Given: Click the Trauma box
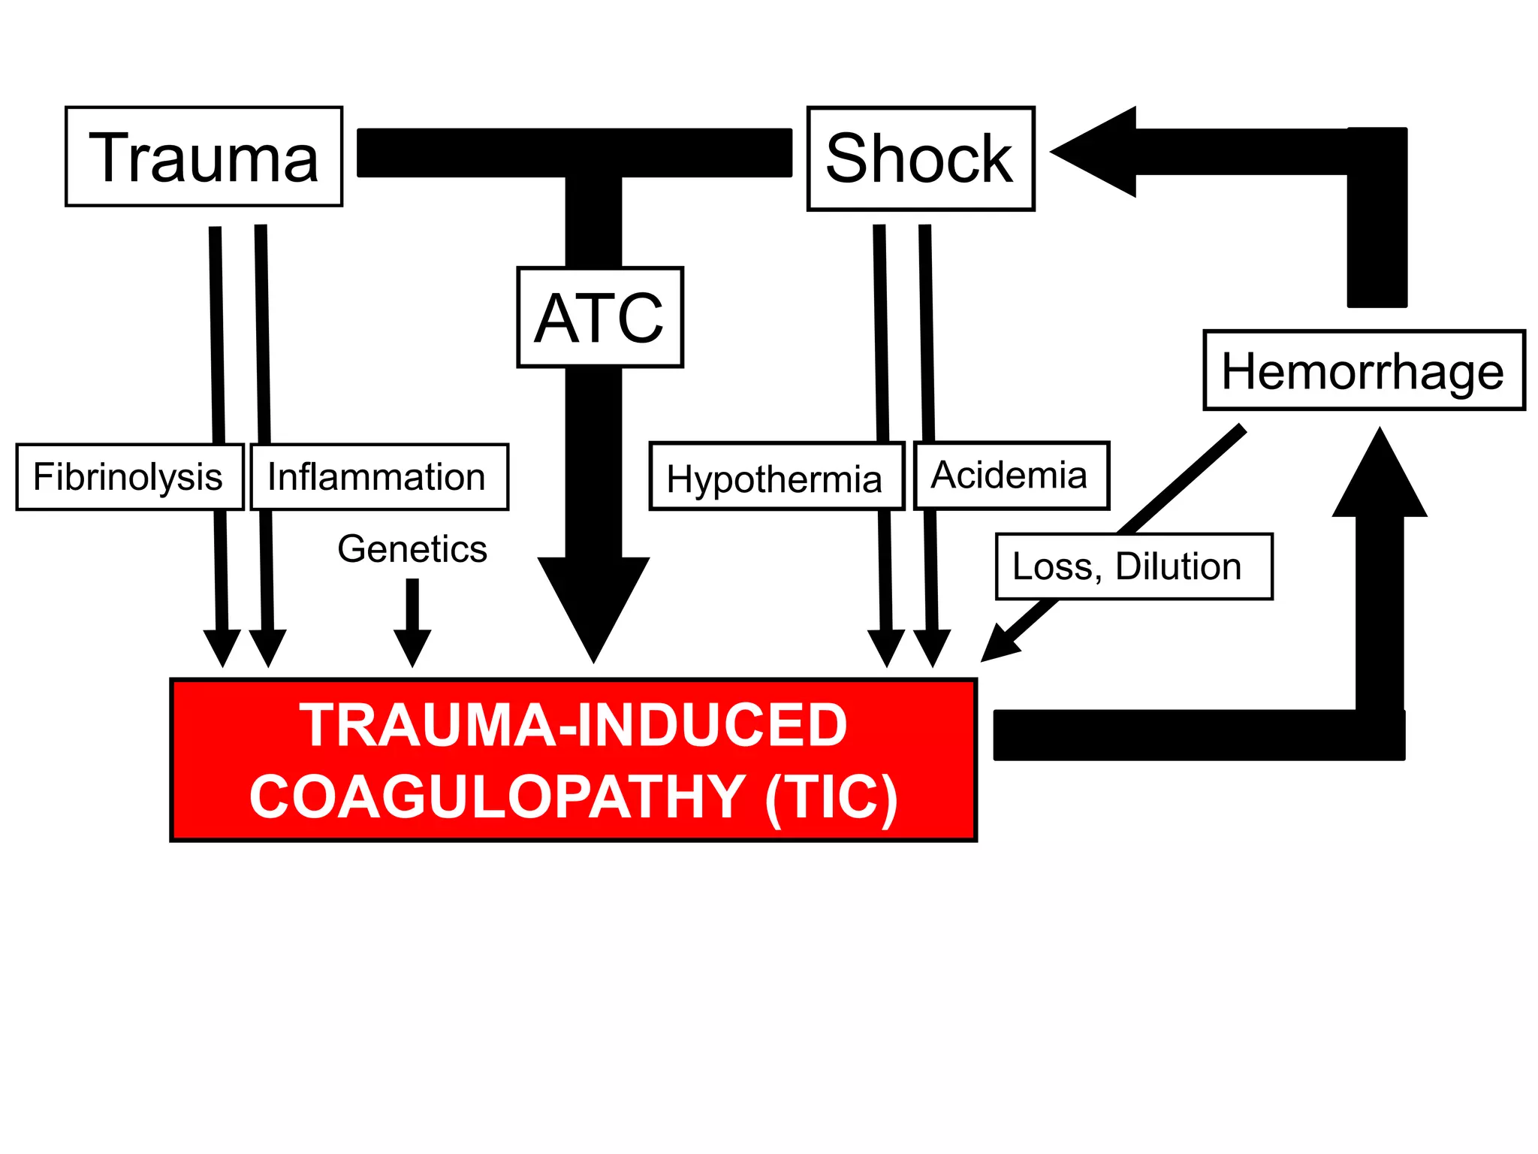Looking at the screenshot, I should click(204, 156).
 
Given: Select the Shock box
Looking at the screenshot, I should click(920, 159).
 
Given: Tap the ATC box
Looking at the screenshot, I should click(599, 317).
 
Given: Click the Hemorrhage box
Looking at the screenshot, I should click(1363, 370).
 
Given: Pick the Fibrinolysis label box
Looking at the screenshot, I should click(129, 477).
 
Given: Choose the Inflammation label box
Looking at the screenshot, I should click(378, 477).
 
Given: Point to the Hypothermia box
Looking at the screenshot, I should click(775, 477).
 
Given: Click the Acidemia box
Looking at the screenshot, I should click(1011, 476).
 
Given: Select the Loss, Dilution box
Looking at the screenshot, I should click(1133, 566).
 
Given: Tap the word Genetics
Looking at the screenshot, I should click(412, 548).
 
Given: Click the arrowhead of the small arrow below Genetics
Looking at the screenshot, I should click(412, 646).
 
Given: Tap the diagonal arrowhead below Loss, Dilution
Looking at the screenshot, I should click(999, 646).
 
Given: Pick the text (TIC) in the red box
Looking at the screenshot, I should click(831, 796).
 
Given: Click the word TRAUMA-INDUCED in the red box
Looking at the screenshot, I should click(574, 725).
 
